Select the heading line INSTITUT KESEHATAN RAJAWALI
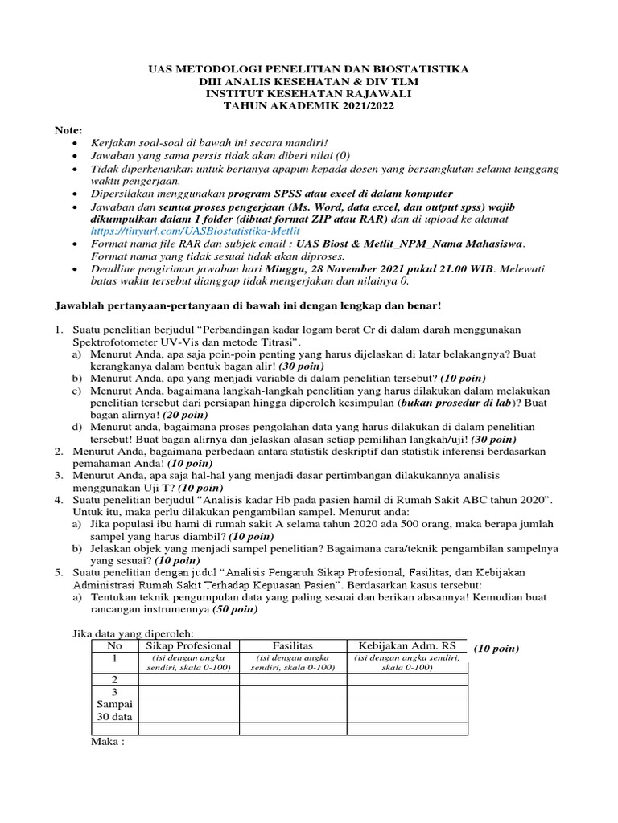(x=308, y=93)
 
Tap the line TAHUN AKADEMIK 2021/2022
(x=308, y=104)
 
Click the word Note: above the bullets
(x=68, y=129)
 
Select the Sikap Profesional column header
(x=188, y=645)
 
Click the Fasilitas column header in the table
(x=292, y=645)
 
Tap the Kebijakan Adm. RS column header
(x=406, y=645)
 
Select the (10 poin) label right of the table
(x=496, y=648)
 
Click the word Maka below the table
(x=108, y=743)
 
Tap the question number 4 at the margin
(x=59, y=500)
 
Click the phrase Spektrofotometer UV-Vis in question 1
(x=130, y=342)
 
